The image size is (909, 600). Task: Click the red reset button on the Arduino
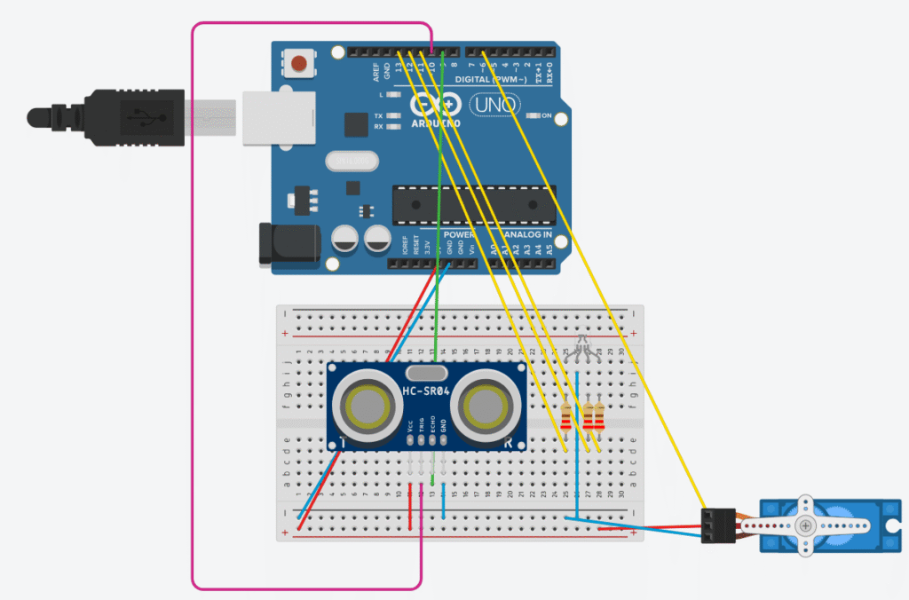coord(300,63)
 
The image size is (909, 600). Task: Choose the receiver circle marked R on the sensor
coord(485,407)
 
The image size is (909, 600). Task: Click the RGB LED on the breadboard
coord(582,348)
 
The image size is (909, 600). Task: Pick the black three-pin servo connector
coord(716,525)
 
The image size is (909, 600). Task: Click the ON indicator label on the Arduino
coord(547,116)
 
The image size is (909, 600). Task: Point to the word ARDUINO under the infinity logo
coord(436,123)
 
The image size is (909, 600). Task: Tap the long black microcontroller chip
coord(474,204)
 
